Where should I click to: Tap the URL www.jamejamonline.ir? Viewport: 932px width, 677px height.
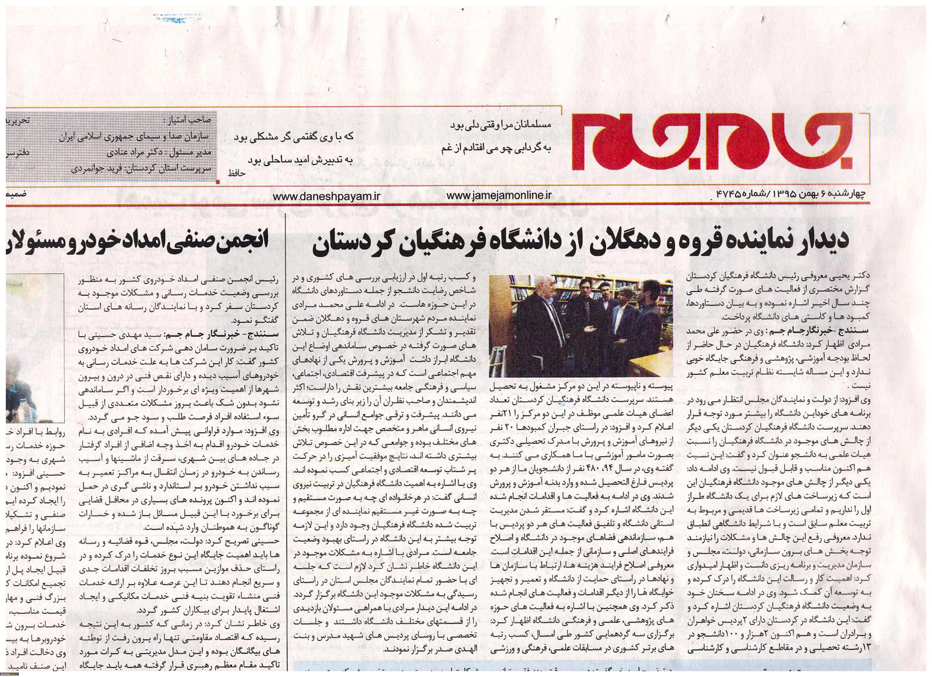tap(498, 196)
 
